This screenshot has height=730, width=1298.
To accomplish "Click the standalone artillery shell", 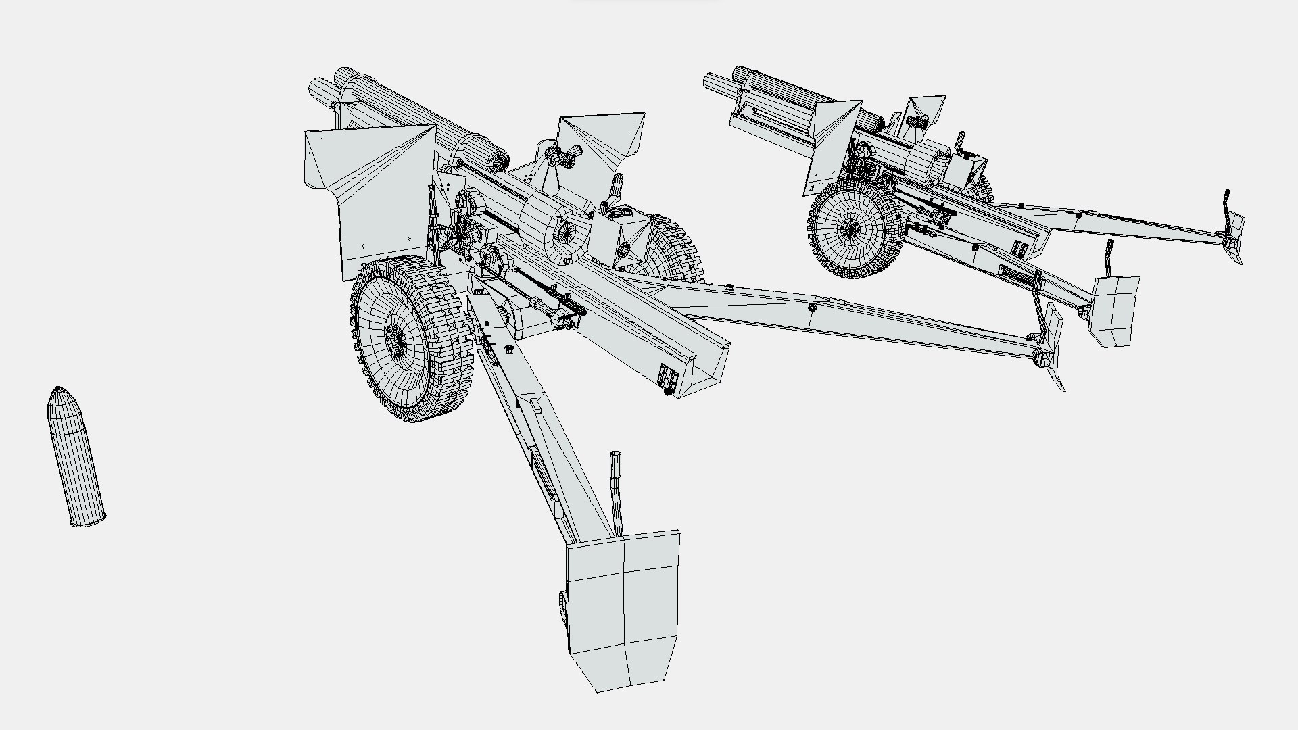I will (76, 460).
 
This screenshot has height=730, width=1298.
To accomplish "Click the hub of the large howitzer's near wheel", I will (396, 338).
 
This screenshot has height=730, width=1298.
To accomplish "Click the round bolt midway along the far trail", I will (811, 308).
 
